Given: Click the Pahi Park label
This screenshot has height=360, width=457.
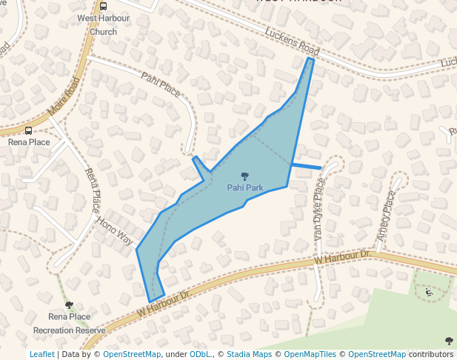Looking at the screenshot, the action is (x=244, y=187).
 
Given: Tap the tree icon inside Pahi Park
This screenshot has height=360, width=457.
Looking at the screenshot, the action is (x=244, y=176).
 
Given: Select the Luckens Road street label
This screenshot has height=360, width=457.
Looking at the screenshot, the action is (x=292, y=41).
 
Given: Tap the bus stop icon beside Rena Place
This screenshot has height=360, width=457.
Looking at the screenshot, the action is (x=28, y=130).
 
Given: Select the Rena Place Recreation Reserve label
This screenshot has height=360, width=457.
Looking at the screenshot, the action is (x=69, y=323).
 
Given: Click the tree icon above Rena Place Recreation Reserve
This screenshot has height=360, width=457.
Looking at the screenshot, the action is (x=69, y=305).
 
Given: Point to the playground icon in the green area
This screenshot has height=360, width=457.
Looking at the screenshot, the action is (x=429, y=292).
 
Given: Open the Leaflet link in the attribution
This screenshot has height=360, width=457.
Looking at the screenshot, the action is (x=41, y=355).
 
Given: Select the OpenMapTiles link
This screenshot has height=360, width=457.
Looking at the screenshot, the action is (x=310, y=355).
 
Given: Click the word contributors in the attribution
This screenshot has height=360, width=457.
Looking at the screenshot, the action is (x=430, y=355).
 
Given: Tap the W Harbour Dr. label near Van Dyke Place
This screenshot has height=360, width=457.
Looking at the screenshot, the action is (x=342, y=258).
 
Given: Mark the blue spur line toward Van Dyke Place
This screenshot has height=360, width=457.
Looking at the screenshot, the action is (x=307, y=167).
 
